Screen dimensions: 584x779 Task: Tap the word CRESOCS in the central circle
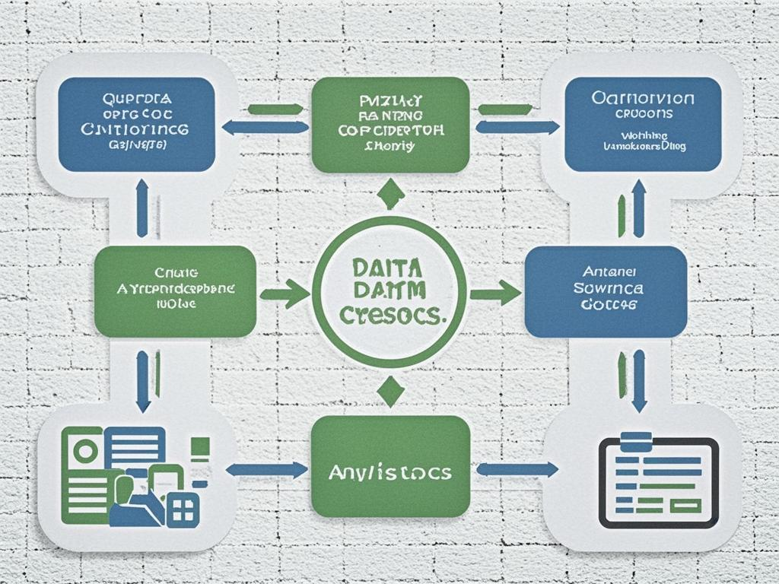[389, 316]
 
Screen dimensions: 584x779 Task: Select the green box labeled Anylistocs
[389, 471]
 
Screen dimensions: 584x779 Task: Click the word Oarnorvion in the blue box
[642, 99]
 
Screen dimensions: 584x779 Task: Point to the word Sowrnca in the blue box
[608, 288]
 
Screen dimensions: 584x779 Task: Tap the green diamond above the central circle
[390, 194]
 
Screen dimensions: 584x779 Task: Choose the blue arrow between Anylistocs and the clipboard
[517, 470]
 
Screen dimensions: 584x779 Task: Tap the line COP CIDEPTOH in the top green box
[389, 130]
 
